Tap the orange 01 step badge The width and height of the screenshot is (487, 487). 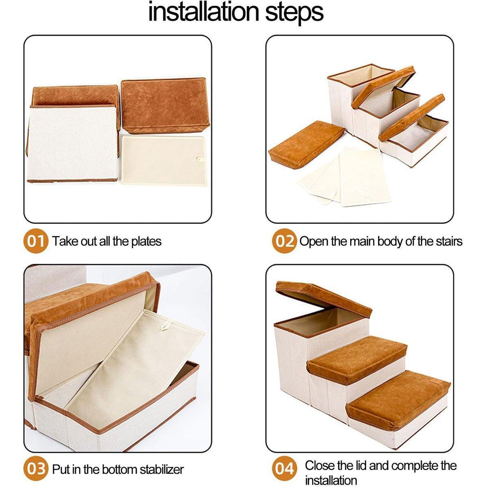pyautogui.click(x=36, y=241)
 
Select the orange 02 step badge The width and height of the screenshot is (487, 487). pyautogui.click(x=284, y=241)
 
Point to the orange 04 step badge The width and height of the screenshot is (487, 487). pyautogui.click(x=284, y=470)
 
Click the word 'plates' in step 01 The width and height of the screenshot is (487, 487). pyautogui.click(x=146, y=241)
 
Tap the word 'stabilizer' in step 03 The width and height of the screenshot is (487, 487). pyautogui.click(x=162, y=470)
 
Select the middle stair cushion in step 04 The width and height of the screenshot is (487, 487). pyautogui.click(x=357, y=359)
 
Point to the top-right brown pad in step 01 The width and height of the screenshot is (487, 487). pyautogui.click(x=163, y=104)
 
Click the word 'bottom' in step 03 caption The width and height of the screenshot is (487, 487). pyautogui.click(x=119, y=470)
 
